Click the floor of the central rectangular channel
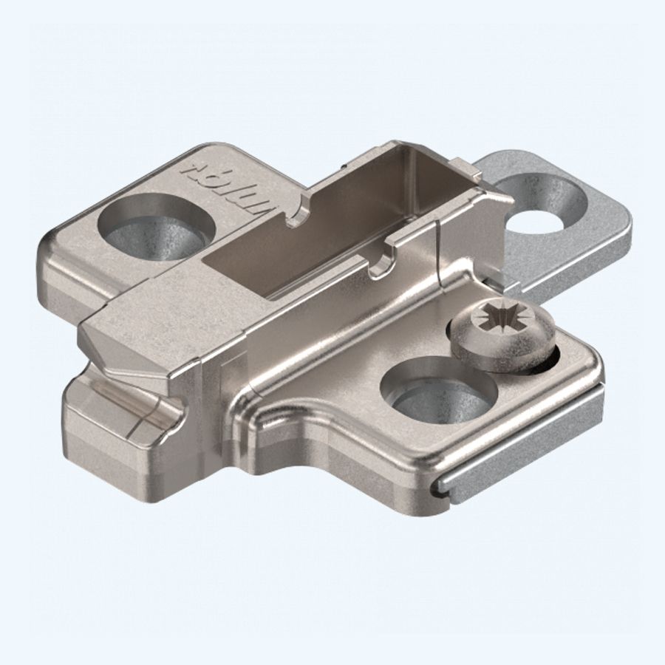coord(296,259)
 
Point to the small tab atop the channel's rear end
coord(462,168)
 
